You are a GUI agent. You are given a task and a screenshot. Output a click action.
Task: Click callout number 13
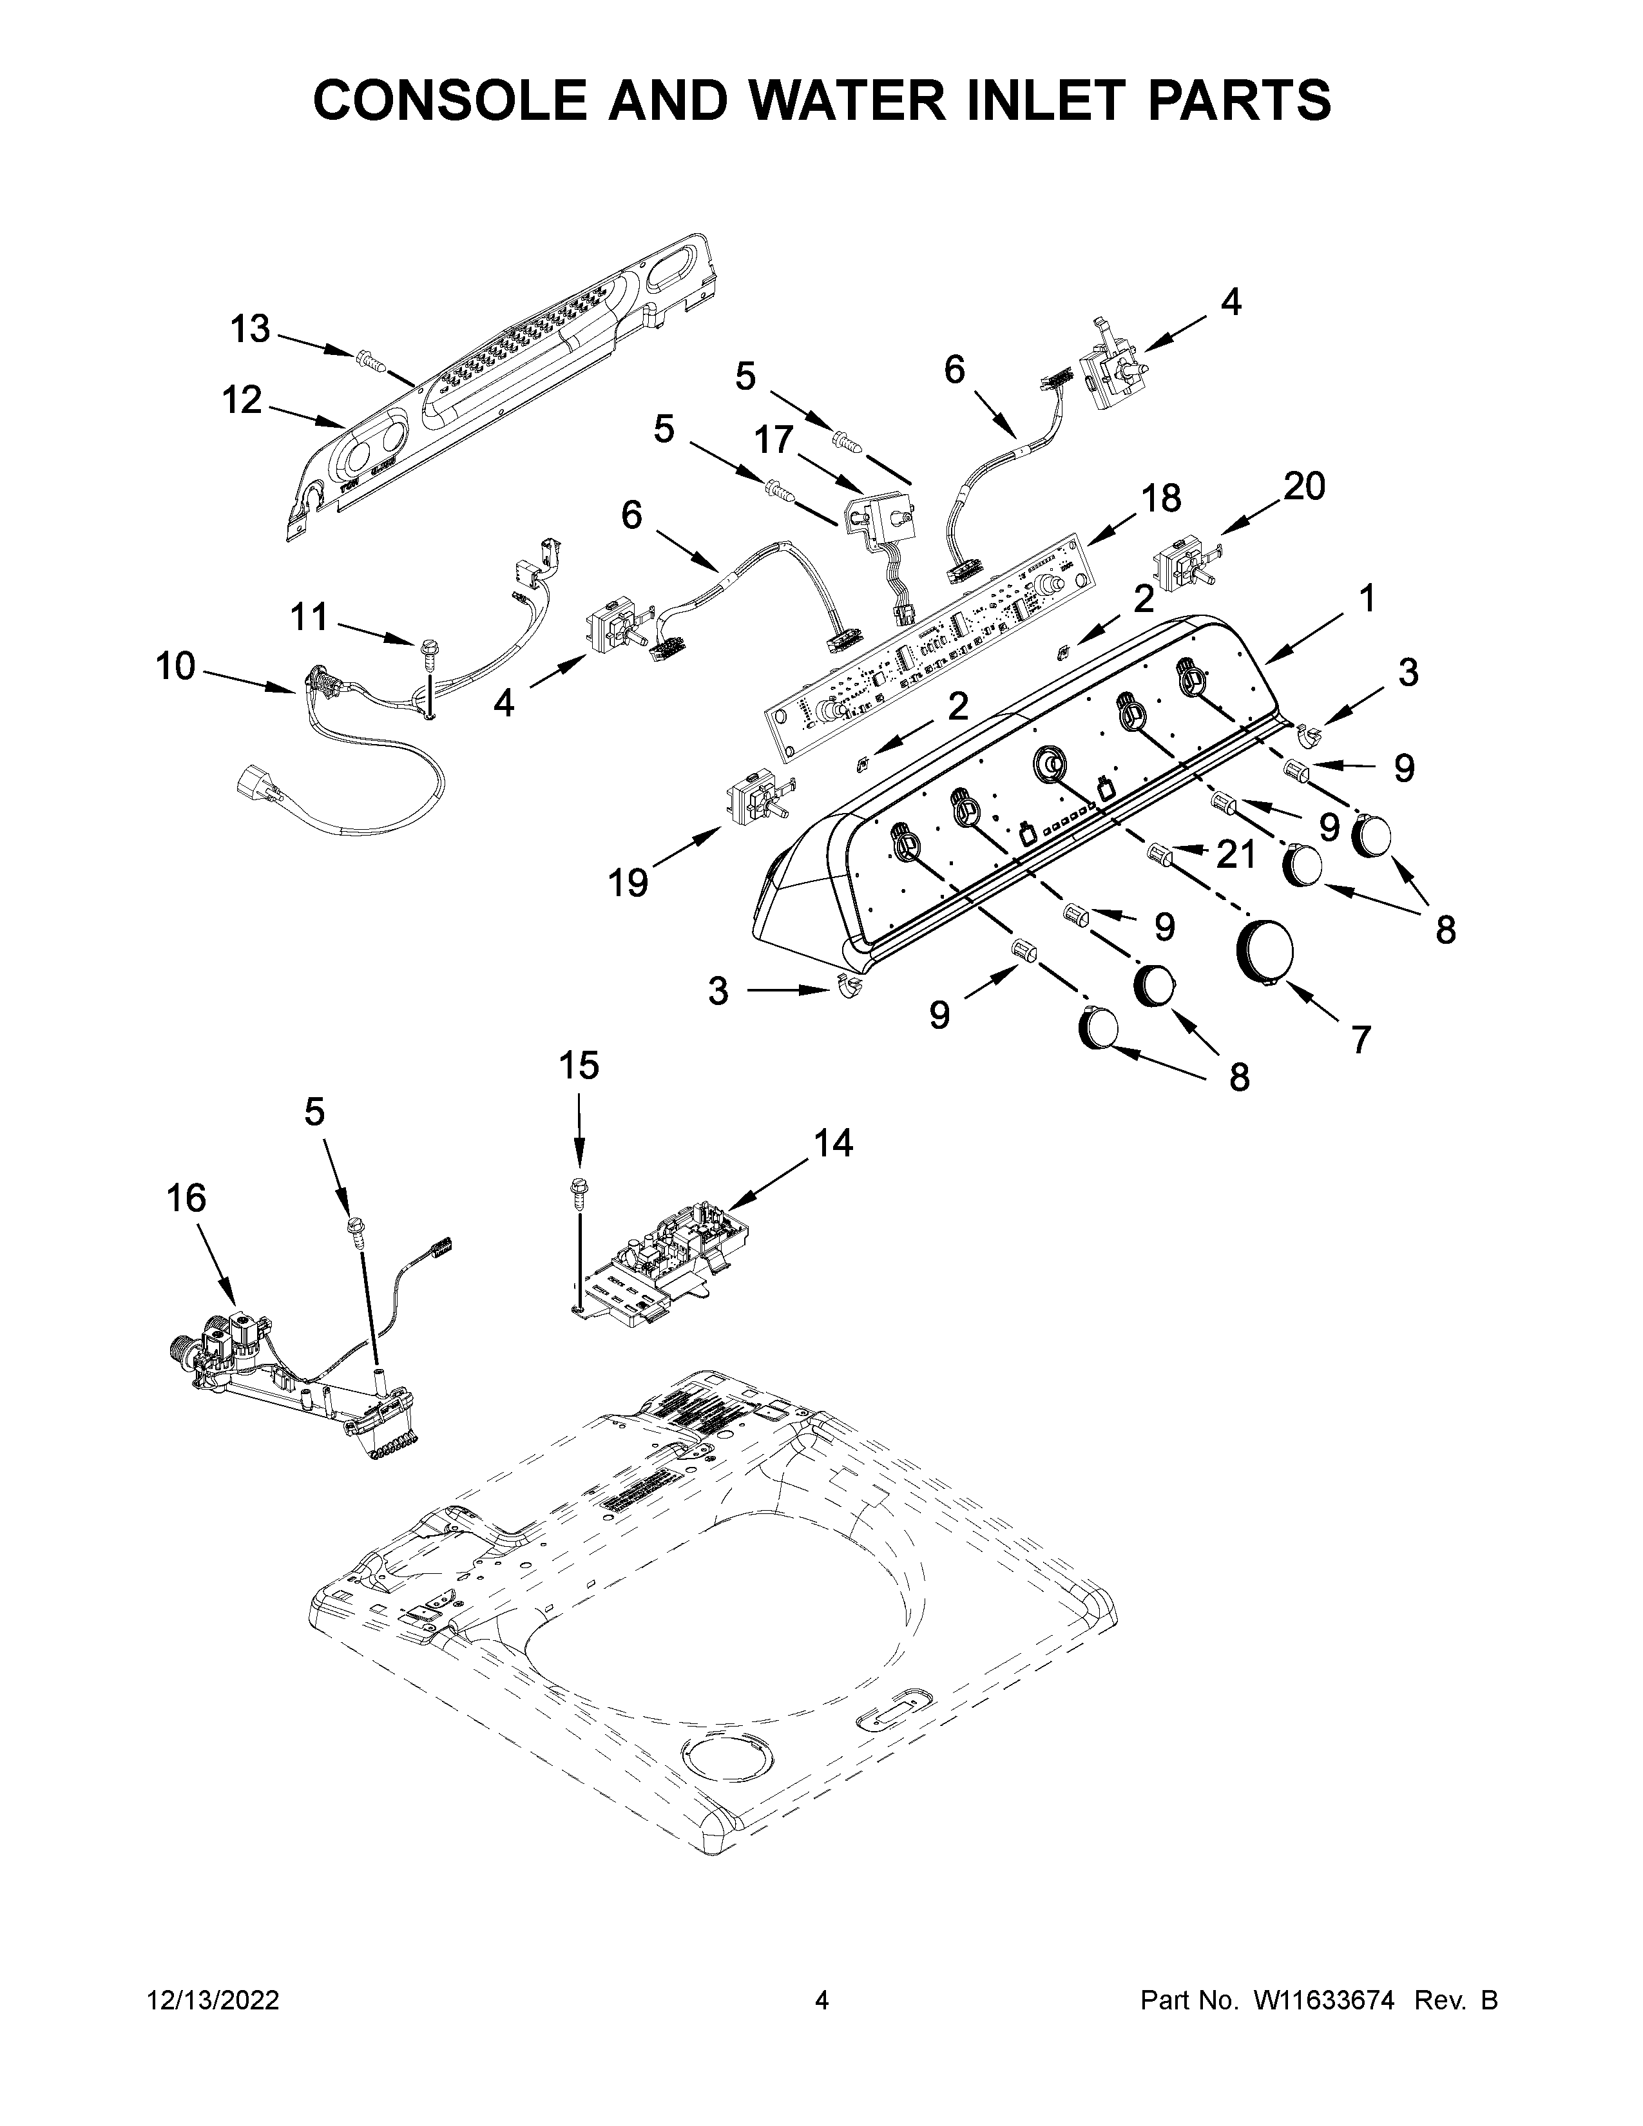(250, 329)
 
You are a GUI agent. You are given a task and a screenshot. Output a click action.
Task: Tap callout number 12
(242, 399)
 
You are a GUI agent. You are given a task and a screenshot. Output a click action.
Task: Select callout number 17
(774, 441)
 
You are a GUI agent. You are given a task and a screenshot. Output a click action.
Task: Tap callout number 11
(309, 616)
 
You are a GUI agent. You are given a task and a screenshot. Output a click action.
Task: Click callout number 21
(1236, 855)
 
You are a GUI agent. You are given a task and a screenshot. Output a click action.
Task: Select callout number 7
(1359, 1040)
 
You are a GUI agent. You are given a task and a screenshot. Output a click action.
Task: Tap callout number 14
(833, 1143)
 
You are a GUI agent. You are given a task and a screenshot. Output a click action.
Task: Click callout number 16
(187, 1198)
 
